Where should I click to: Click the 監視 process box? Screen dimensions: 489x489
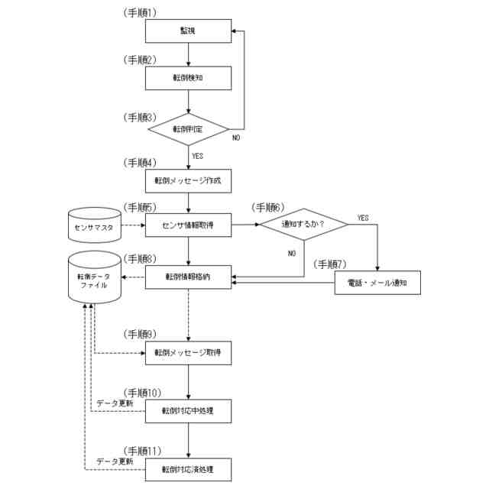click(x=187, y=31)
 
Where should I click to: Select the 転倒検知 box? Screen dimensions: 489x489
click(x=187, y=78)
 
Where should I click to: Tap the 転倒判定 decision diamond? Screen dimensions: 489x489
click(x=187, y=129)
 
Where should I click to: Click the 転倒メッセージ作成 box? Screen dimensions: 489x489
click(x=187, y=181)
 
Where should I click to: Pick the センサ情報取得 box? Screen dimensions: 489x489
click(x=187, y=226)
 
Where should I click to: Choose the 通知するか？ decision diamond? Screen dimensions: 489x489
click(x=303, y=225)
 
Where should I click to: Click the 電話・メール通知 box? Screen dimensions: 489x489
click(x=378, y=283)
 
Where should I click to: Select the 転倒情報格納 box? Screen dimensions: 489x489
click(x=187, y=277)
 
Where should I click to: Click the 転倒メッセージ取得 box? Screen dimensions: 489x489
click(x=187, y=353)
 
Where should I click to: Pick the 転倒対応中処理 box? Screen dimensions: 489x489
click(x=187, y=411)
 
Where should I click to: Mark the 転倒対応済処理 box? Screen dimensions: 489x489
click(x=187, y=468)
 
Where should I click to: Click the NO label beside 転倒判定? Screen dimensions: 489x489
click(x=237, y=140)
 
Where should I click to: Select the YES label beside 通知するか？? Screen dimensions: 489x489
click(x=363, y=218)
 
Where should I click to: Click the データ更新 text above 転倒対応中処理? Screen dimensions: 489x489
click(x=115, y=403)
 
